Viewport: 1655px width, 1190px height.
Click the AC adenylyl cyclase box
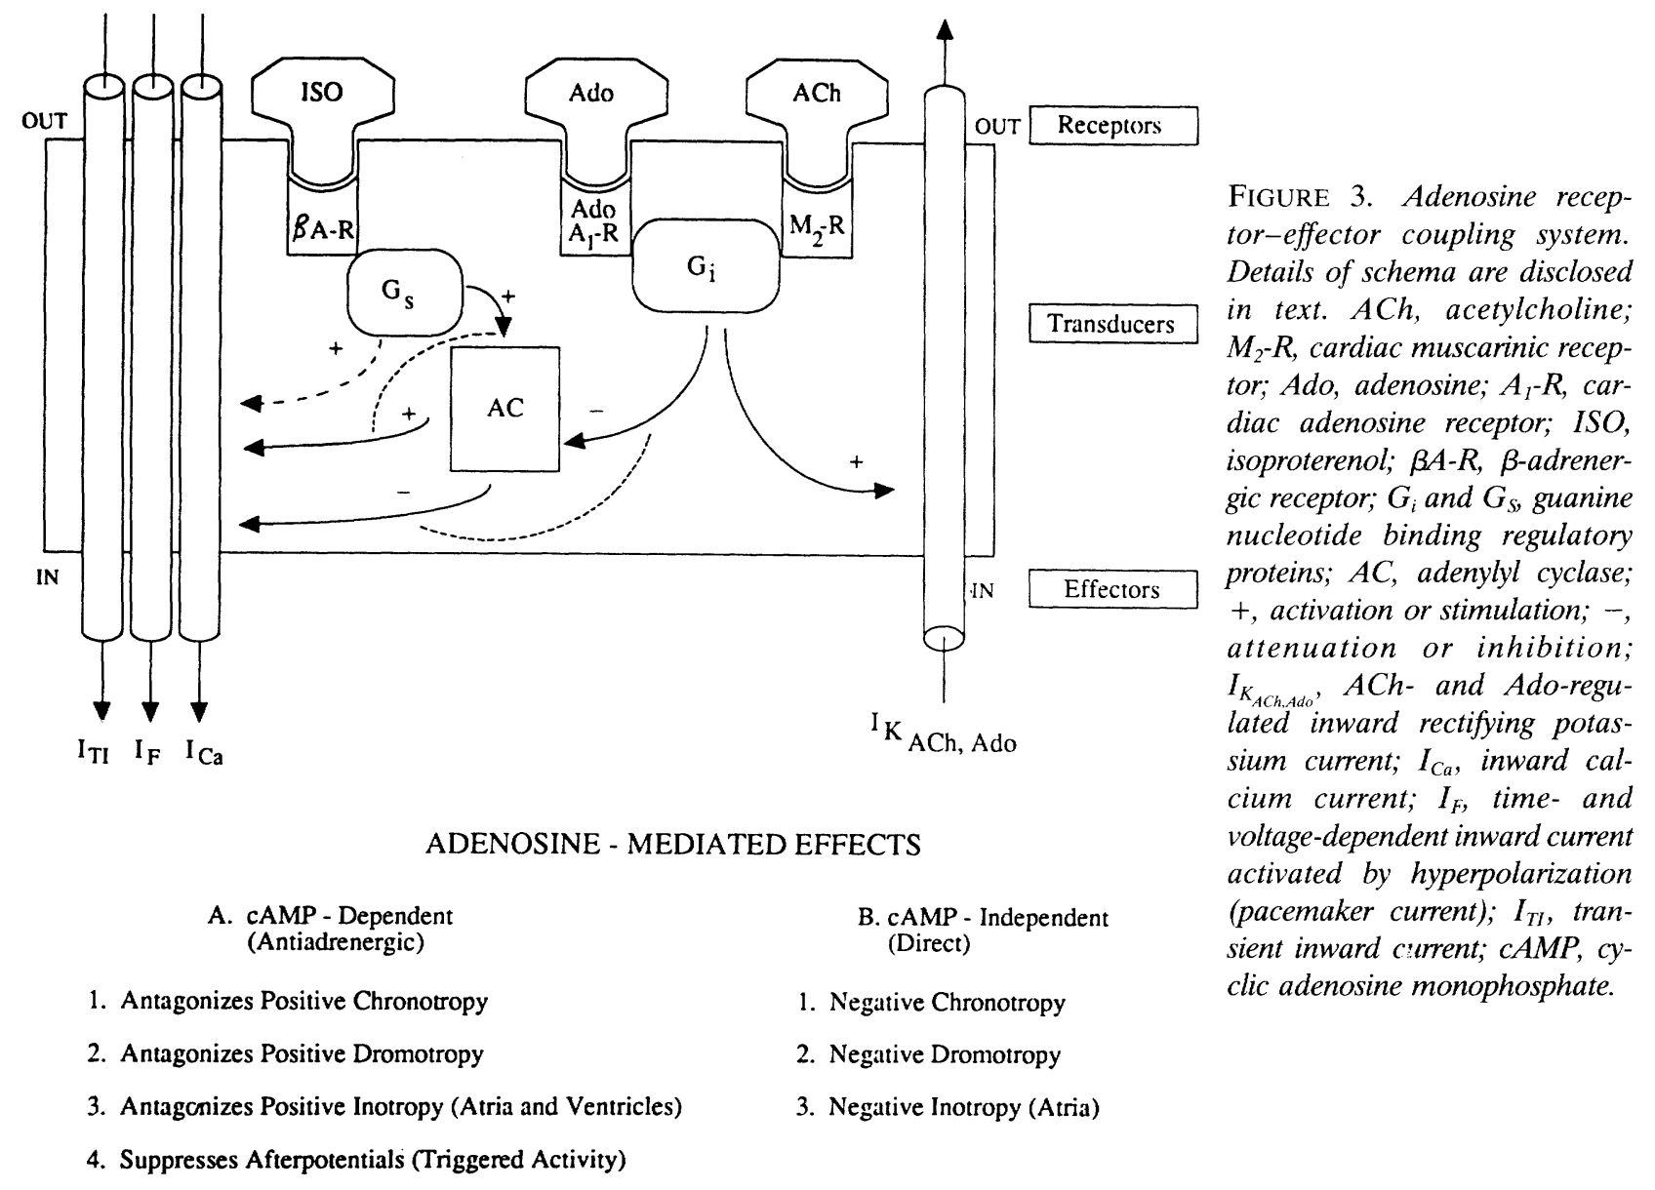pos(505,409)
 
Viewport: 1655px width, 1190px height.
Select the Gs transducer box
pos(404,293)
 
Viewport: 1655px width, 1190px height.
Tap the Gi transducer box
pos(706,266)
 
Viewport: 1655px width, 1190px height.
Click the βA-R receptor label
pos(323,229)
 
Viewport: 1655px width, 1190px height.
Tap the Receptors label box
pos(1113,125)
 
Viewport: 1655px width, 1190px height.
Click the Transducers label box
pos(1113,324)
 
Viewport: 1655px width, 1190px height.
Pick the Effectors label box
pos(1113,589)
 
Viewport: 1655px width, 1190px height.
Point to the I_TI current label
pos(94,753)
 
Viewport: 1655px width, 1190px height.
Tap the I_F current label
pos(147,753)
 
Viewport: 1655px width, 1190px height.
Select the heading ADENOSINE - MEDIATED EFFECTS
pos(673,844)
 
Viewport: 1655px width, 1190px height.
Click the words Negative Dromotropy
pos(945,1054)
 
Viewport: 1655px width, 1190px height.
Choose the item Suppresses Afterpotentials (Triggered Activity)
pos(373,1160)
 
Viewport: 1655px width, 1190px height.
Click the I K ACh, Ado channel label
pos(944,733)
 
